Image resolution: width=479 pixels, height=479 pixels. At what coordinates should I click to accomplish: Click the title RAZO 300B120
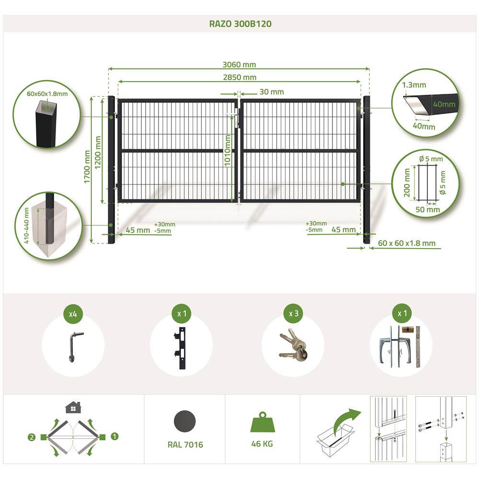click(240, 24)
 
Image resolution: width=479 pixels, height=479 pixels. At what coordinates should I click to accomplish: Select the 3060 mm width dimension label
click(239, 65)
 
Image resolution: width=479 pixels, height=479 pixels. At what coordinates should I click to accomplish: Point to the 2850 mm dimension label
click(239, 77)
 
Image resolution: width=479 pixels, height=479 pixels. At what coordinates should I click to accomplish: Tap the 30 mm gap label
click(272, 91)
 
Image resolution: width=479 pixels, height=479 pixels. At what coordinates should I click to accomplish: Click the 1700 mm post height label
click(87, 167)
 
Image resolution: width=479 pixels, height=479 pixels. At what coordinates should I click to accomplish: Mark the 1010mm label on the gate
click(228, 150)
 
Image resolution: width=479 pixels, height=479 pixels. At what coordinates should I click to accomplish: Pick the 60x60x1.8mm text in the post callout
click(47, 94)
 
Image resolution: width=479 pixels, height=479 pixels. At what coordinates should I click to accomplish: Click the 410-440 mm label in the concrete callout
click(26, 226)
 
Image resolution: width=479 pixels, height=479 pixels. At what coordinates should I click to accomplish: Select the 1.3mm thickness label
click(414, 85)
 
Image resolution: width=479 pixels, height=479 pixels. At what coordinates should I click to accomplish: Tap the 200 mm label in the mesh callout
click(407, 182)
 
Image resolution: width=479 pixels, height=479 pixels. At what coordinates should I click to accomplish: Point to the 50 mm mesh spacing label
click(428, 210)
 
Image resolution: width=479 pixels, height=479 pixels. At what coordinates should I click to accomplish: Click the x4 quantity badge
click(73, 314)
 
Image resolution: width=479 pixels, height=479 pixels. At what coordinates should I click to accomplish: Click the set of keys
click(293, 345)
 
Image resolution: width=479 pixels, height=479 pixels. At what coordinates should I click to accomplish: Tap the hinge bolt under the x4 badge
click(73, 347)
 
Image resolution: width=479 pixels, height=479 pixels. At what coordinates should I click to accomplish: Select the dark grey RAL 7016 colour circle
click(185, 421)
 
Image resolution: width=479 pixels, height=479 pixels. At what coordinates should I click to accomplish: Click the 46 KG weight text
click(262, 444)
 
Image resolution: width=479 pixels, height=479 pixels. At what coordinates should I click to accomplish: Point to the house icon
click(73, 407)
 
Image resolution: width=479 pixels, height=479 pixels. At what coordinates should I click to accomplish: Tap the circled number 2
click(32, 437)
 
